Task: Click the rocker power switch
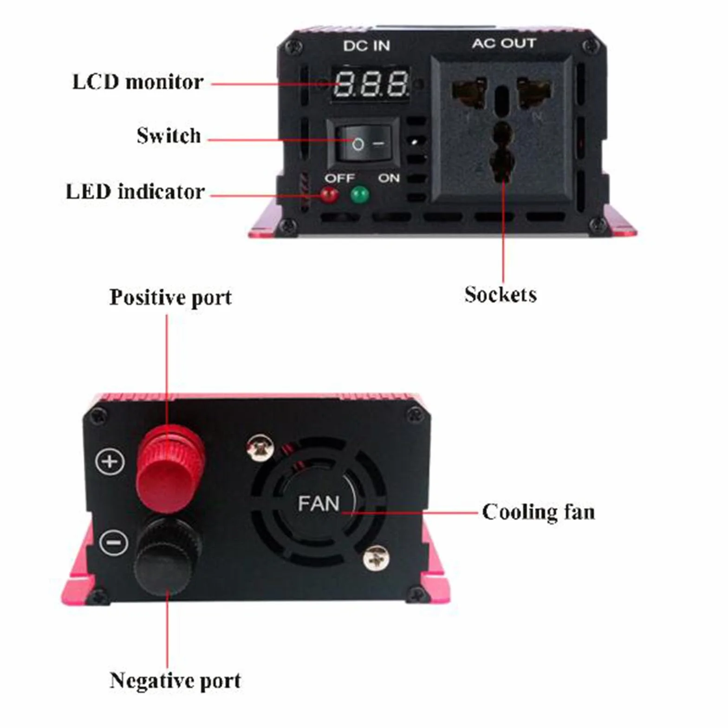pos(363,143)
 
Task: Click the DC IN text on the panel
pos(366,45)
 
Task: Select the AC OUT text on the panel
pos(504,43)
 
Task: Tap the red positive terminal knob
pos(170,467)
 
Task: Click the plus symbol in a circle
pos(110,461)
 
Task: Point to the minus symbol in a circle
pos(113,542)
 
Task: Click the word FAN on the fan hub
pos(318,504)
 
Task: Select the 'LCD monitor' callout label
pos(138,82)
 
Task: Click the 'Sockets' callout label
pos(500,295)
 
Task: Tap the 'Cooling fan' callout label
pos(539,512)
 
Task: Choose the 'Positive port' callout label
pos(170,298)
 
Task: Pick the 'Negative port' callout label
pos(175,681)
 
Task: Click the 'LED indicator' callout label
pos(135,192)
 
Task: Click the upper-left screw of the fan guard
pos(260,448)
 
